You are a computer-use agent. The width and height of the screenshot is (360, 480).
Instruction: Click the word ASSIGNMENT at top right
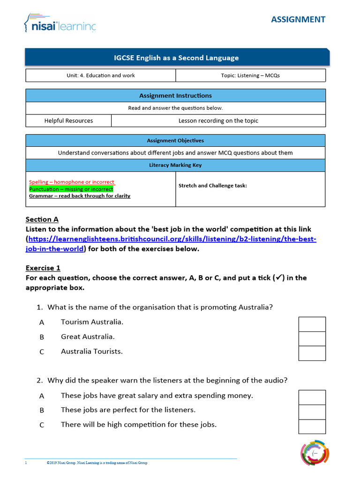(298, 19)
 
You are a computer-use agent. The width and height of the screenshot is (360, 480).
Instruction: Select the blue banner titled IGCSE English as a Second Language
(177, 58)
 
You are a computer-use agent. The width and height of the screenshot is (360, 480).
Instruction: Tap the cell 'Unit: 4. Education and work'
(100, 75)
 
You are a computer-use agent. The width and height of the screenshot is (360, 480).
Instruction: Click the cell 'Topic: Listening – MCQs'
(250, 75)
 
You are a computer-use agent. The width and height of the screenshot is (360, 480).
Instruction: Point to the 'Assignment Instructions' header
(175, 96)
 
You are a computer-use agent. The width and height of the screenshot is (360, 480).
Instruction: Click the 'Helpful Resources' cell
(68, 120)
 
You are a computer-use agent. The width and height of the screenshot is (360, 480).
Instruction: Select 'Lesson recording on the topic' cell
(218, 120)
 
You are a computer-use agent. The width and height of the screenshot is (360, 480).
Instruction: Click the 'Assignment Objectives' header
(175, 141)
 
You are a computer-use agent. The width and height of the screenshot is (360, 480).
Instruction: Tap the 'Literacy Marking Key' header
(175, 165)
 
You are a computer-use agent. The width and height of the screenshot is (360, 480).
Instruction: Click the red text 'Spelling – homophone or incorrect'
(71, 182)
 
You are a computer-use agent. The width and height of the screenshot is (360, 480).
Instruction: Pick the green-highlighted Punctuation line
(71, 189)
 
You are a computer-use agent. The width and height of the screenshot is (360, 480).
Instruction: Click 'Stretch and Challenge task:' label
(212, 186)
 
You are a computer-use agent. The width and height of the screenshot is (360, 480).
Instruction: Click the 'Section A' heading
(42, 219)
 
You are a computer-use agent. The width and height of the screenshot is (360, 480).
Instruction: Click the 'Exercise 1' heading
(43, 268)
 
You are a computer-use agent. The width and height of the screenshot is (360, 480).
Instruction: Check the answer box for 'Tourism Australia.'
(312, 324)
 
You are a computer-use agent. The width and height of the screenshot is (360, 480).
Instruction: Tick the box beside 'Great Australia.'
(312, 339)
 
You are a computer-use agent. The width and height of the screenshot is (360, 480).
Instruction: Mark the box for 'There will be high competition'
(312, 427)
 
